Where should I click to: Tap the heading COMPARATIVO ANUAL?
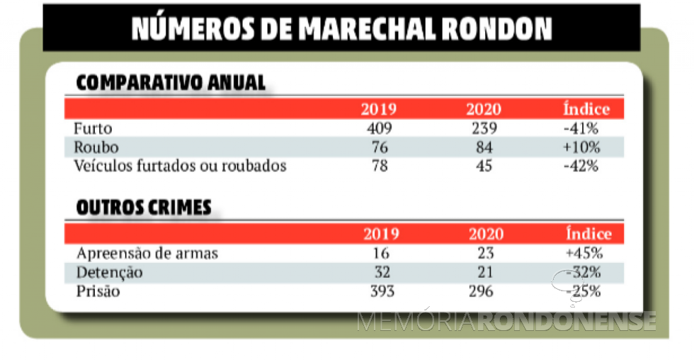[170, 83]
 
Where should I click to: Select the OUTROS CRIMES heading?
[143, 208]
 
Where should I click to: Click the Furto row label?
[93, 129]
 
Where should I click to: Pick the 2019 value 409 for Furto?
[378, 129]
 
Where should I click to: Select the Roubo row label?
[96, 147]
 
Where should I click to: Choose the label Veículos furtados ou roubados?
[180, 166]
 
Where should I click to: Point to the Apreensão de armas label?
[147, 253]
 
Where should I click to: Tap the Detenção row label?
[109, 272]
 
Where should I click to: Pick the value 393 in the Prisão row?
[380, 291]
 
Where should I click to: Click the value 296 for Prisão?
[484, 291]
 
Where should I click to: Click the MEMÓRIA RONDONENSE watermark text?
[506, 321]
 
